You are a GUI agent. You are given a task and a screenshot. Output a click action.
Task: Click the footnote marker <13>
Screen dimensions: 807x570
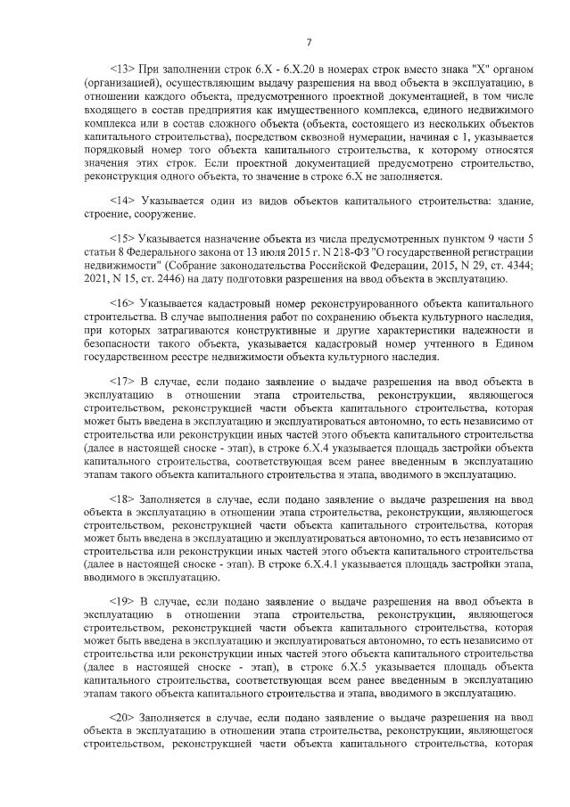122,70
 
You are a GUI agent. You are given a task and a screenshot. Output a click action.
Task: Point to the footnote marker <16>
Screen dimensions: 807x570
122,304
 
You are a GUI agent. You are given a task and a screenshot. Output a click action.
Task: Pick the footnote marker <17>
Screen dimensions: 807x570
122,382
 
